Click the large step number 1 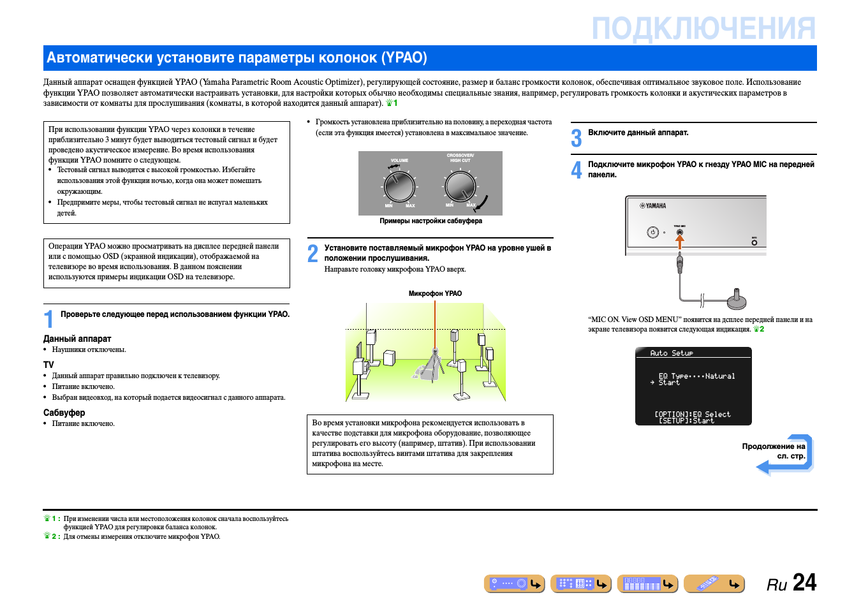[48, 318]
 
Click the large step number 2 [313, 253]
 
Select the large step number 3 [577, 138]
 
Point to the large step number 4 [577, 170]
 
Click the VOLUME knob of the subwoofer [399, 186]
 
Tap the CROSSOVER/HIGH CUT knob [460, 186]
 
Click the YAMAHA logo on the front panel [653, 206]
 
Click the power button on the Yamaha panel [652, 232]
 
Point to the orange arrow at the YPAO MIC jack [680, 240]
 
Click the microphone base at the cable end [737, 300]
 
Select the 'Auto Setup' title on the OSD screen [671, 353]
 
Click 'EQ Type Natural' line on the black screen [696, 376]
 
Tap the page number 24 [804, 582]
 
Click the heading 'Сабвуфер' [64, 413]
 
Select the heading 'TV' [48, 365]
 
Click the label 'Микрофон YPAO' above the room [435, 293]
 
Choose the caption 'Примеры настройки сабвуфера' [430, 221]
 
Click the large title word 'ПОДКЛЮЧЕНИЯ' [703, 29]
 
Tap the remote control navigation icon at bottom [714, 583]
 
